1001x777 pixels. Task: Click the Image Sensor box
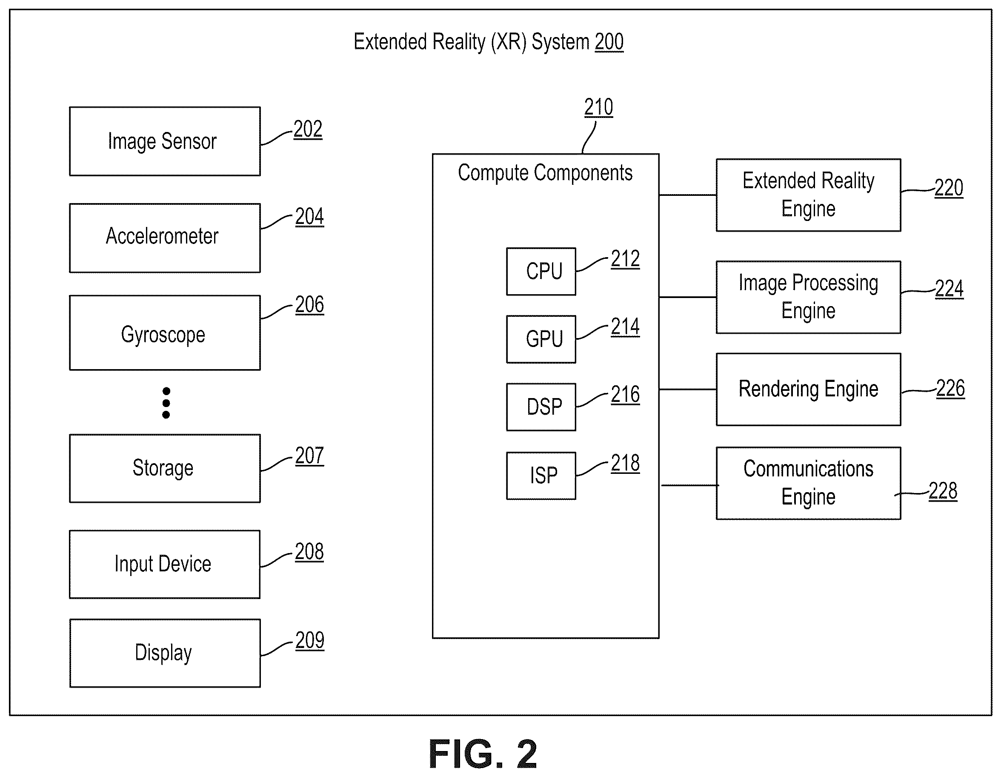pos(165,141)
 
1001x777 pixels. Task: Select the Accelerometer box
pos(165,238)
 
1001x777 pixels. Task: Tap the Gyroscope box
pos(165,333)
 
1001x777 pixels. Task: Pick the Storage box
pos(165,468)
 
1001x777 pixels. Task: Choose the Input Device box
pos(165,564)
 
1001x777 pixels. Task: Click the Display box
pos(165,653)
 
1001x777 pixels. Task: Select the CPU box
pos(541,271)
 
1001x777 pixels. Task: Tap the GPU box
pos(541,339)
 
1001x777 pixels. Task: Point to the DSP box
pos(541,407)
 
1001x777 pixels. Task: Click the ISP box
pos(541,476)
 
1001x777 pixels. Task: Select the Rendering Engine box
pos(809,389)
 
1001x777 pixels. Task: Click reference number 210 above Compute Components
pos(598,107)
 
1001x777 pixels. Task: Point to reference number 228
pos(943,491)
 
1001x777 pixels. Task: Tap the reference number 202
pos(308,129)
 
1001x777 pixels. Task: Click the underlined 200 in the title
pos(609,42)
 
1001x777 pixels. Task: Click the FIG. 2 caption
pos(483,754)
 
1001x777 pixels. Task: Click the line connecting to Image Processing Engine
pos(687,298)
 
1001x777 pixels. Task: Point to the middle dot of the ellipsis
pos(166,403)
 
